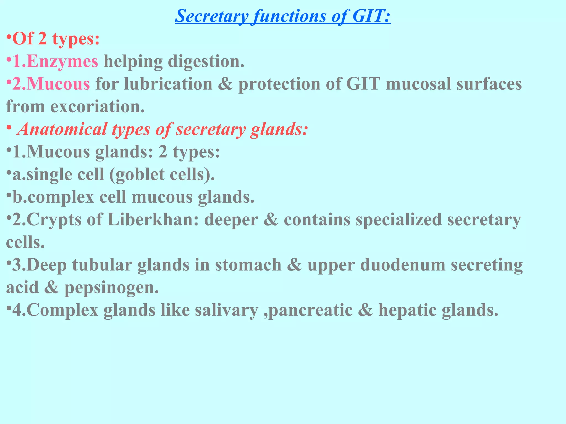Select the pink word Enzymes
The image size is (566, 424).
click(x=62, y=61)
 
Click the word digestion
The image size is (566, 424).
click(x=206, y=61)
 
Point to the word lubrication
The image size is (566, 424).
click(x=168, y=84)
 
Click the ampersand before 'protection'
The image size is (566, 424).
click(x=225, y=84)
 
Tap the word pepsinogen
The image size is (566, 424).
click(x=112, y=288)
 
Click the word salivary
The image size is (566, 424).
click(x=226, y=310)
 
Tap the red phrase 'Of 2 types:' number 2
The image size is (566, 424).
click(x=42, y=39)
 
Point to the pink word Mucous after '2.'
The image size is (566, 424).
click(x=58, y=84)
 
